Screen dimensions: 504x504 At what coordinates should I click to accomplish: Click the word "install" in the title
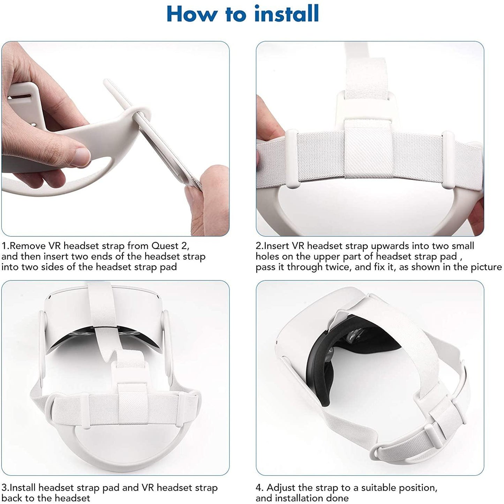coord(286,14)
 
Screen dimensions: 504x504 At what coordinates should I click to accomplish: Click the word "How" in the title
coord(192,14)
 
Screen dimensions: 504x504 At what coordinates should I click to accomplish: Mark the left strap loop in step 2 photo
coord(291,159)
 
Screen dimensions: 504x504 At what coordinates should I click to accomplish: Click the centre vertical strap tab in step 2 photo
coord(368,149)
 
